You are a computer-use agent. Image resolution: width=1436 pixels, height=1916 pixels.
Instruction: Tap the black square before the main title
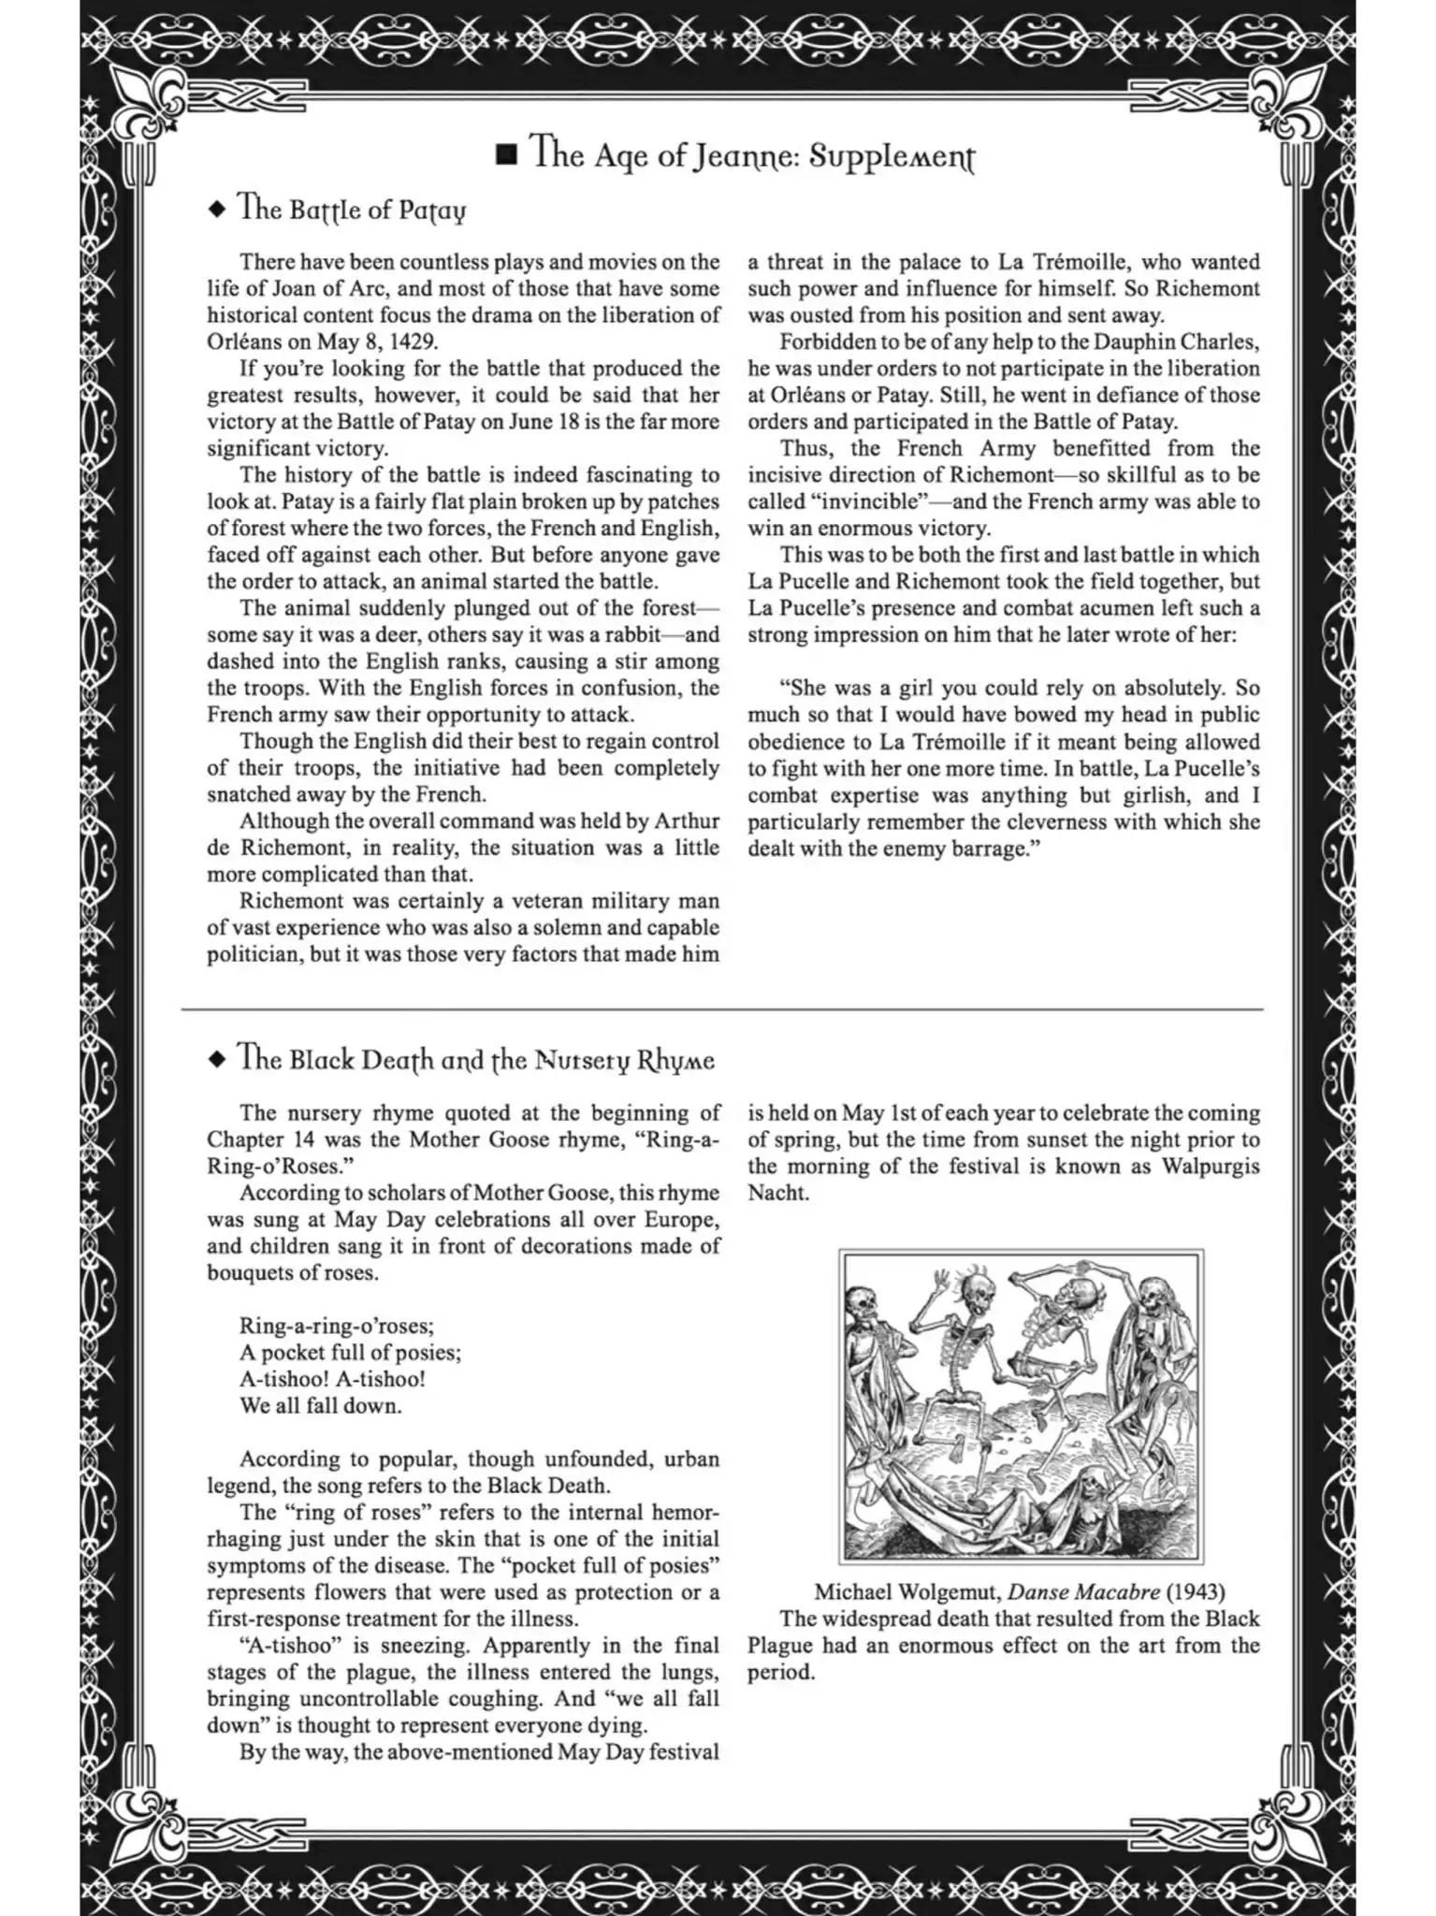[506, 154]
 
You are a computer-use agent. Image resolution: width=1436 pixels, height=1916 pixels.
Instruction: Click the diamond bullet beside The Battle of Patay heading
[217, 210]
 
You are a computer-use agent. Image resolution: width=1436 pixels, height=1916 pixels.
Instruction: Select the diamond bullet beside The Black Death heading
[217, 1060]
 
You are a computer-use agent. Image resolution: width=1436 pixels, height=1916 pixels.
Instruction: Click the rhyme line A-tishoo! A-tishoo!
[332, 1379]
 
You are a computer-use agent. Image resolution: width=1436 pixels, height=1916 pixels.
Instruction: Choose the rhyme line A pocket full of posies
[350, 1353]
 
